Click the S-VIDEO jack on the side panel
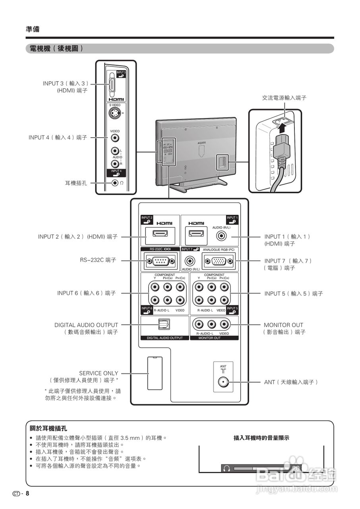[x=115, y=114]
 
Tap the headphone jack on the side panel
[x=115, y=183]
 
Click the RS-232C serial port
[x=160, y=261]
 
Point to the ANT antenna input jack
[x=223, y=383]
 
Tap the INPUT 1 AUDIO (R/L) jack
[x=222, y=236]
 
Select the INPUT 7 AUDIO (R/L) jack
[x=191, y=261]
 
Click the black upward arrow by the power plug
[x=281, y=128]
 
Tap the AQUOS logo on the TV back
[x=202, y=141]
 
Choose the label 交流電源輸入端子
[x=284, y=97]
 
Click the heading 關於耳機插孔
[x=48, y=429]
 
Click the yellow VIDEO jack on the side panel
[x=115, y=138]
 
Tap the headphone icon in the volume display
[x=227, y=468]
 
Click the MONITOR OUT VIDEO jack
[x=225, y=325]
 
